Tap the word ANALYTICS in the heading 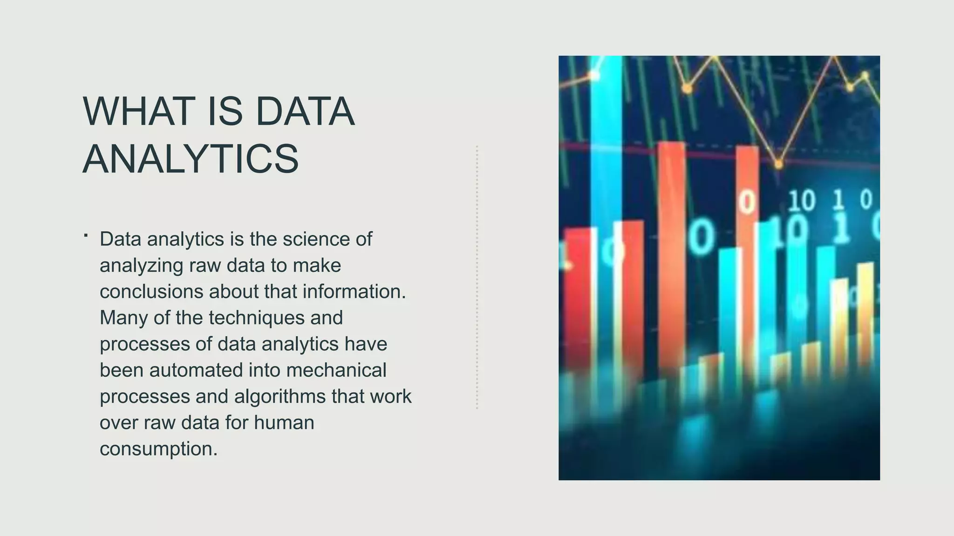pyautogui.click(x=191, y=159)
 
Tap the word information pyautogui.click(x=354, y=292)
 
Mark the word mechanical pyautogui.click(x=336, y=370)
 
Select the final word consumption pyautogui.click(x=158, y=449)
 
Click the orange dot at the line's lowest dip pyautogui.click(x=778, y=164)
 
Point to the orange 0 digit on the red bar pyautogui.click(x=747, y=203)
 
